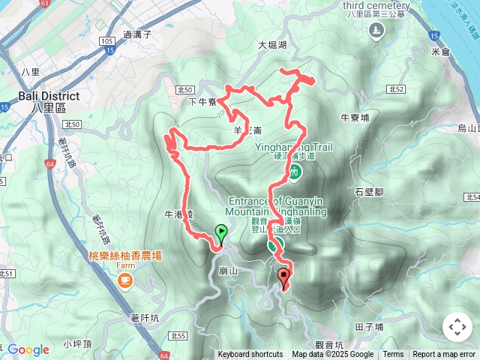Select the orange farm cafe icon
(124, 281)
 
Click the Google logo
(28, 349)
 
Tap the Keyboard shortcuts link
(250, 355)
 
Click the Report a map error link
(444, 355)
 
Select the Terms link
(393, 355)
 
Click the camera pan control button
(457, 327)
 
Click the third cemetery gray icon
(377, 29)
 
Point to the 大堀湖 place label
(273, 45)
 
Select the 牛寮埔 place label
(355, 118)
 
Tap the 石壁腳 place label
(369, 192)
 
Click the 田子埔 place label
(369, 327)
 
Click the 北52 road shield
(396, 89)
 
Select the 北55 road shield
(178, 336)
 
